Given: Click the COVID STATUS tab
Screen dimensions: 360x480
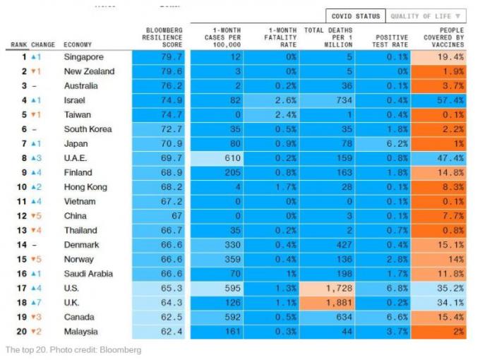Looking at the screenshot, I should pos(356,16).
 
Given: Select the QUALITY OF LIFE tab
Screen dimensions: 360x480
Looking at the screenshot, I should pos(426,16).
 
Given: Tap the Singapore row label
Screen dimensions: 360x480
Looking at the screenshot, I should pos(83,56).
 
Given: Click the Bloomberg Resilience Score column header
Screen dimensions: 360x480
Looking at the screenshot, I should pos(163,37).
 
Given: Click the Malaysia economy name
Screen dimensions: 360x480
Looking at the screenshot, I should pos(81,332).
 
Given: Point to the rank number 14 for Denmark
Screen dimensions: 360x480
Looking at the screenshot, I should pos(23,245).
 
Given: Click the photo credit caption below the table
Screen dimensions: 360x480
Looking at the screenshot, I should pos(73,350).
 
